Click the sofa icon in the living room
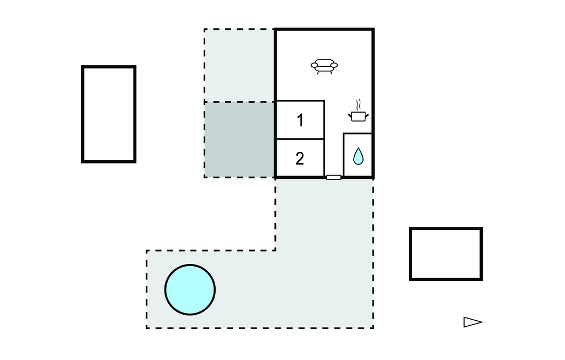tap(324, 66)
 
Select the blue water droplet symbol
tap(358, 156)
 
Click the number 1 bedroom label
tap(300, 120)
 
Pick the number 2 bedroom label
tap(300, 158)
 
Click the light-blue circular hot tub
tap(190, 290)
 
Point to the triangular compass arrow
tap(473, 322)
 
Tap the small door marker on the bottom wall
tap(334, 177)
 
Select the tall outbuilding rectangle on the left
tap(109, 114)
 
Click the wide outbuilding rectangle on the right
tap(446, 254)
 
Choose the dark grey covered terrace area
tap(239, 140)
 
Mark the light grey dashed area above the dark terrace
tap(239, 65)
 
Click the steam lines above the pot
tap(358, 105)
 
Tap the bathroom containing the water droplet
tap(358, 155)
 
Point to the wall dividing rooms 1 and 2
tap(300, 139)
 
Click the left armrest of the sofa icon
tap(315, 65)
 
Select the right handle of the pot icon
tap(366, 116)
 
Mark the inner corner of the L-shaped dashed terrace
tap(276, 250)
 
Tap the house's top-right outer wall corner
tap(374, 29)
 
